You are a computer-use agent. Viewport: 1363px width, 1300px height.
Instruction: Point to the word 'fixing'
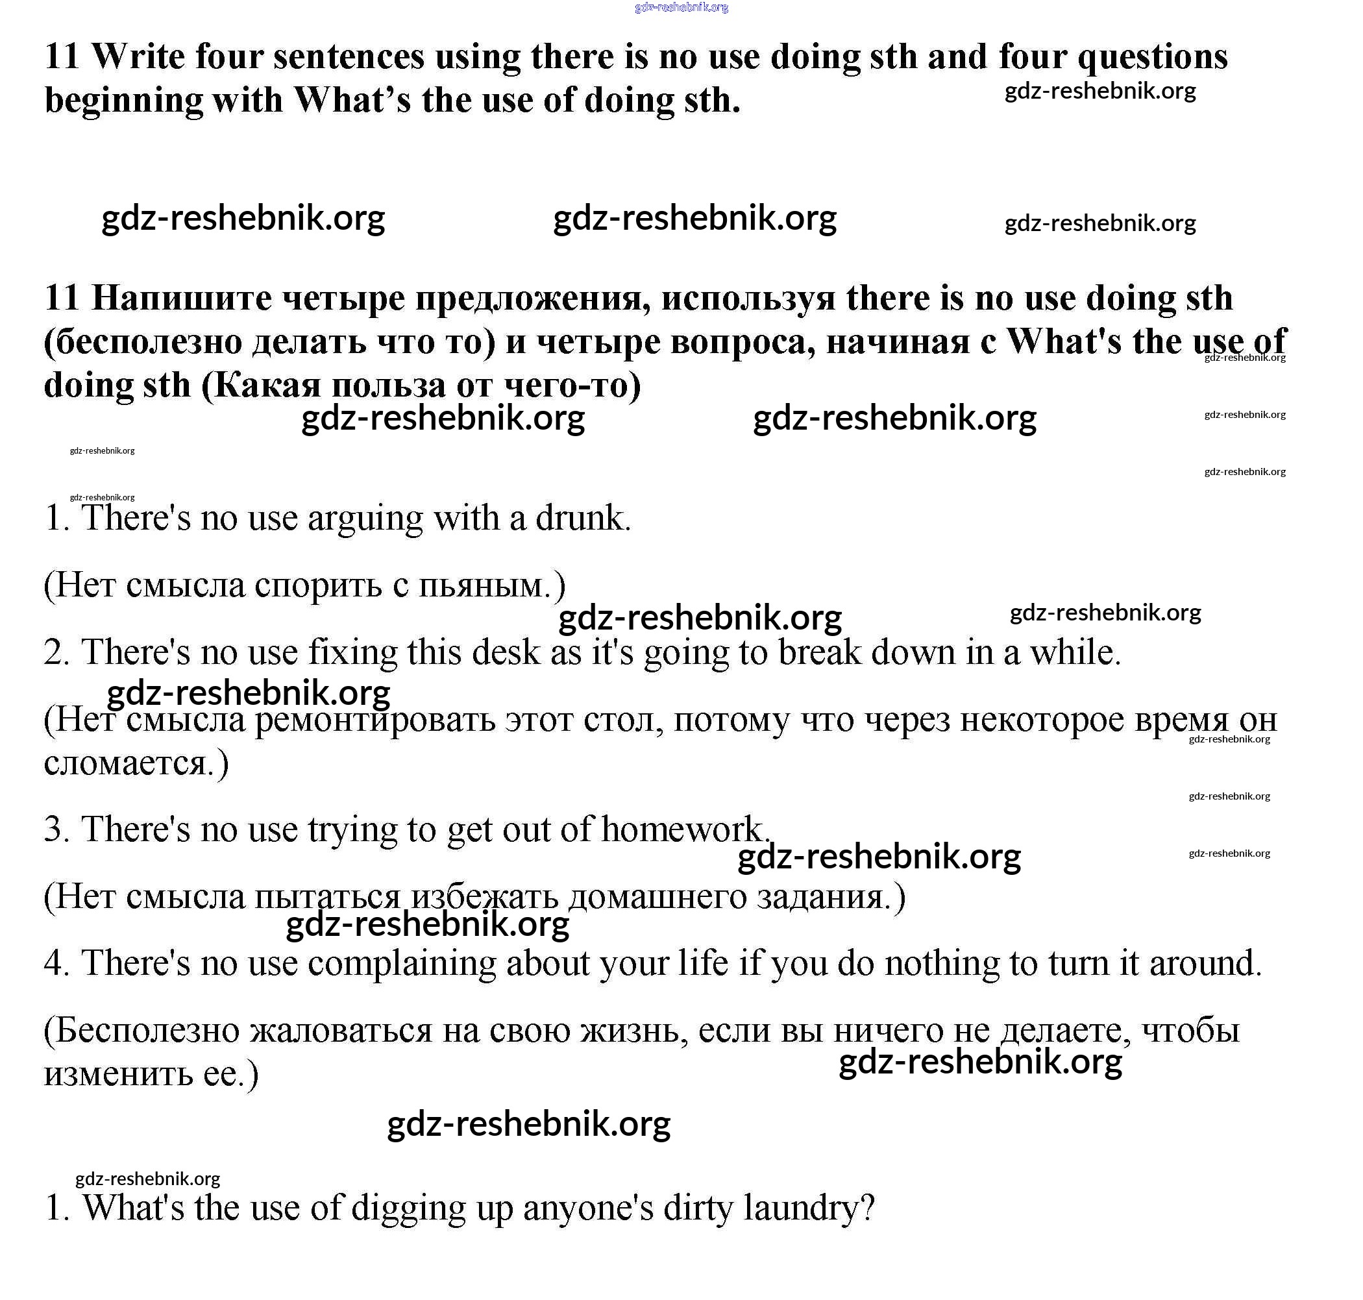352,654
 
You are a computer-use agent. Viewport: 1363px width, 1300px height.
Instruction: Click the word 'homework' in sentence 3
682,829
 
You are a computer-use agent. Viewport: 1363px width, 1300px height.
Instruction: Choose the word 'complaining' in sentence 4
402,964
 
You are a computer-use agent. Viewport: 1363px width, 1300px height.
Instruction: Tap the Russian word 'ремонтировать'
375,720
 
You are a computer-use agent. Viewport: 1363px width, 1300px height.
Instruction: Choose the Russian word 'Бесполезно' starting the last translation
145,1031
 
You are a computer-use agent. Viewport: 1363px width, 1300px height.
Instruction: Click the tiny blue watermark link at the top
680,8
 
